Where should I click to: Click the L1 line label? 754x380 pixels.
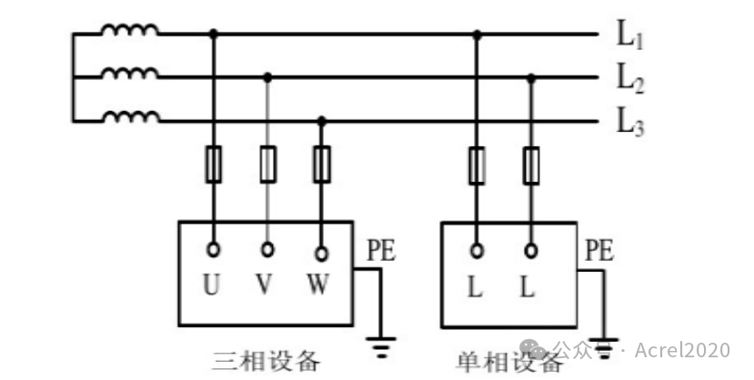630,35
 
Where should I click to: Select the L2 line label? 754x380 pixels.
630,79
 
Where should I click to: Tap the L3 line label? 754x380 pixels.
630,123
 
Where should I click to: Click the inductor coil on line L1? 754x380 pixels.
130,30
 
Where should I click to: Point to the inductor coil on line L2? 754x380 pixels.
130,73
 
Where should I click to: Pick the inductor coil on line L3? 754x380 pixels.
131,116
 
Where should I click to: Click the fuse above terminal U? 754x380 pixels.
214,165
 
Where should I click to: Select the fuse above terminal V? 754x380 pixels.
267,165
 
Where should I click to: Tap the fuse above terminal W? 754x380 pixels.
322,165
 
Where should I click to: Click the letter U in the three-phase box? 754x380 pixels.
212,284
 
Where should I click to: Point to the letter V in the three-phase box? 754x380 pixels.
264,284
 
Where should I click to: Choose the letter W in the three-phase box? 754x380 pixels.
318,284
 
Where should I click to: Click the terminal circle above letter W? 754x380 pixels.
322,254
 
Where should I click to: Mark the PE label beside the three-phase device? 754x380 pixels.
381,250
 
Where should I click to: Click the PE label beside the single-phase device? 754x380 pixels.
599,250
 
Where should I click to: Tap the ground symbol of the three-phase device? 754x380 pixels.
381,347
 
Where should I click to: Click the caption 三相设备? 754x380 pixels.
266,361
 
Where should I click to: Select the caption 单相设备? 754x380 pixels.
508,362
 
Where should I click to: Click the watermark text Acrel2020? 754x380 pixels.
682,350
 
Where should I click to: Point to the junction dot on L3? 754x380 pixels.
322,121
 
